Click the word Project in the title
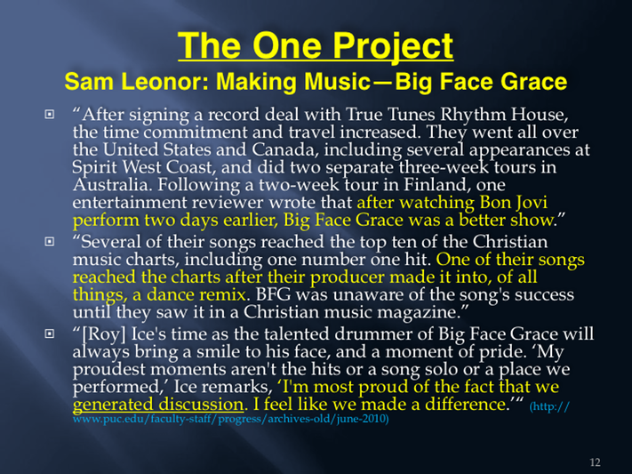(393, 47)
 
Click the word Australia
(113, 185)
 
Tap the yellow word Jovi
(532, 203)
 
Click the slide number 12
(595, 462)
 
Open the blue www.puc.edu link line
(230, 419)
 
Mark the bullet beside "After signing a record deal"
(49, 115)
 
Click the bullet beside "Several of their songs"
(49, 242)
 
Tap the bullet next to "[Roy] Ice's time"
(49, 333)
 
